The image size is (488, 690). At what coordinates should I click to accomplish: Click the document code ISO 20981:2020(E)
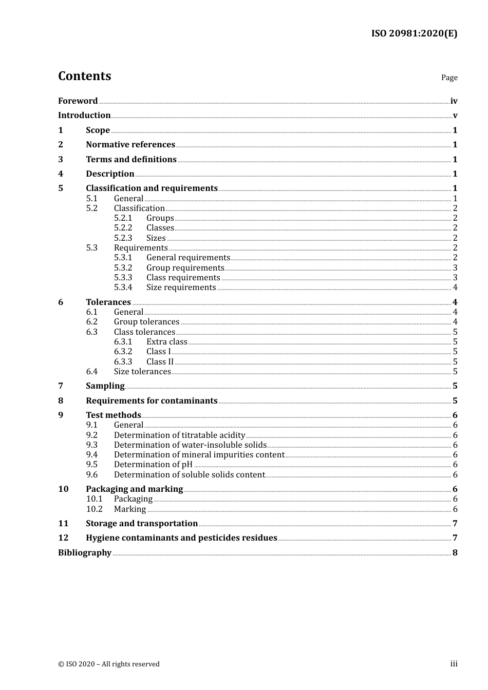coord(414,33)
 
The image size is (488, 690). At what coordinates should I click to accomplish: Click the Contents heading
coord(84,76)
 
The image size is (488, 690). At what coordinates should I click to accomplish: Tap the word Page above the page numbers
coord(449,78)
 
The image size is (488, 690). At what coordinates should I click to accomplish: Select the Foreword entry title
coord(78,101)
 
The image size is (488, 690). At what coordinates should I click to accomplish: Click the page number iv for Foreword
coord(454,101)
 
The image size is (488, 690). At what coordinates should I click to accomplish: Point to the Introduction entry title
coord(84,115)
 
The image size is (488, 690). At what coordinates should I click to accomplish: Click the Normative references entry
coord(130,144)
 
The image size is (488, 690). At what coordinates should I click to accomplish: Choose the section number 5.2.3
coord(123,238)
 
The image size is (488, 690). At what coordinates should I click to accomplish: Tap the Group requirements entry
coord(185,267)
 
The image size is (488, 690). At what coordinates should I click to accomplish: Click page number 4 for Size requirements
coord(455,287)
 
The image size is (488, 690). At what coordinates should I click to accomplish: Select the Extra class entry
coord(166,341)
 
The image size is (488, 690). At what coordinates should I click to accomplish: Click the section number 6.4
coord(91,371)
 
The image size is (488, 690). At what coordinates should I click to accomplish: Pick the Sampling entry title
coord(105,386)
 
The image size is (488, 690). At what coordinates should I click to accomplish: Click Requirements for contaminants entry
coord(152,400)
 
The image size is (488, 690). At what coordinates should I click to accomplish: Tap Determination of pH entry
coord(153,464)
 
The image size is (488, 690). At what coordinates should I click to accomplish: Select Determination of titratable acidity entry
coord(179,435)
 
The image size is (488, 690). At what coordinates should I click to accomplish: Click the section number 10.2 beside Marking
coord(94,509)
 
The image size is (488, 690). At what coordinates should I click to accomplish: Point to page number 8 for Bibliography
coord(455,552)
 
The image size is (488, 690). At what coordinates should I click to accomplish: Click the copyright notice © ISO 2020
coord(108,664)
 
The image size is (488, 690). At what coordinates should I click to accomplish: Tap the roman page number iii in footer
coord(454,664)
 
